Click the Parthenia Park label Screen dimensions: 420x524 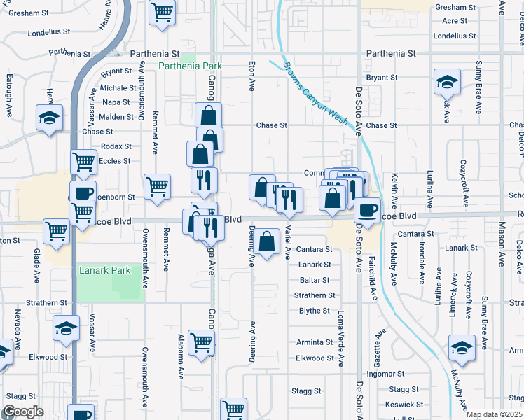[190, 66]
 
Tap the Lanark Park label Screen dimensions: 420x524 [105, 270]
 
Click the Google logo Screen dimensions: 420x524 [23, 412]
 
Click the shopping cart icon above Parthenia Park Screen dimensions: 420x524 [162, 12]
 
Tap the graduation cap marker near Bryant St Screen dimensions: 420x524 [446, 83]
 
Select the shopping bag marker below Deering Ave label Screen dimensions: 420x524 [266, 243]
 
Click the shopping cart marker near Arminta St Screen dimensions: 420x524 [201, 342]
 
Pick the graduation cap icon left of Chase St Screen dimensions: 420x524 [50, 118]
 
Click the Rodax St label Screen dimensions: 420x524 [116, 146]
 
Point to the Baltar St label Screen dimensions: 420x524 [314, 280]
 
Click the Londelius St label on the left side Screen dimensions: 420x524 [49, 33]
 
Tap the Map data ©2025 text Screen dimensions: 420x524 [493, 414]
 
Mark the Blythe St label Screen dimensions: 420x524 [314, 311]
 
